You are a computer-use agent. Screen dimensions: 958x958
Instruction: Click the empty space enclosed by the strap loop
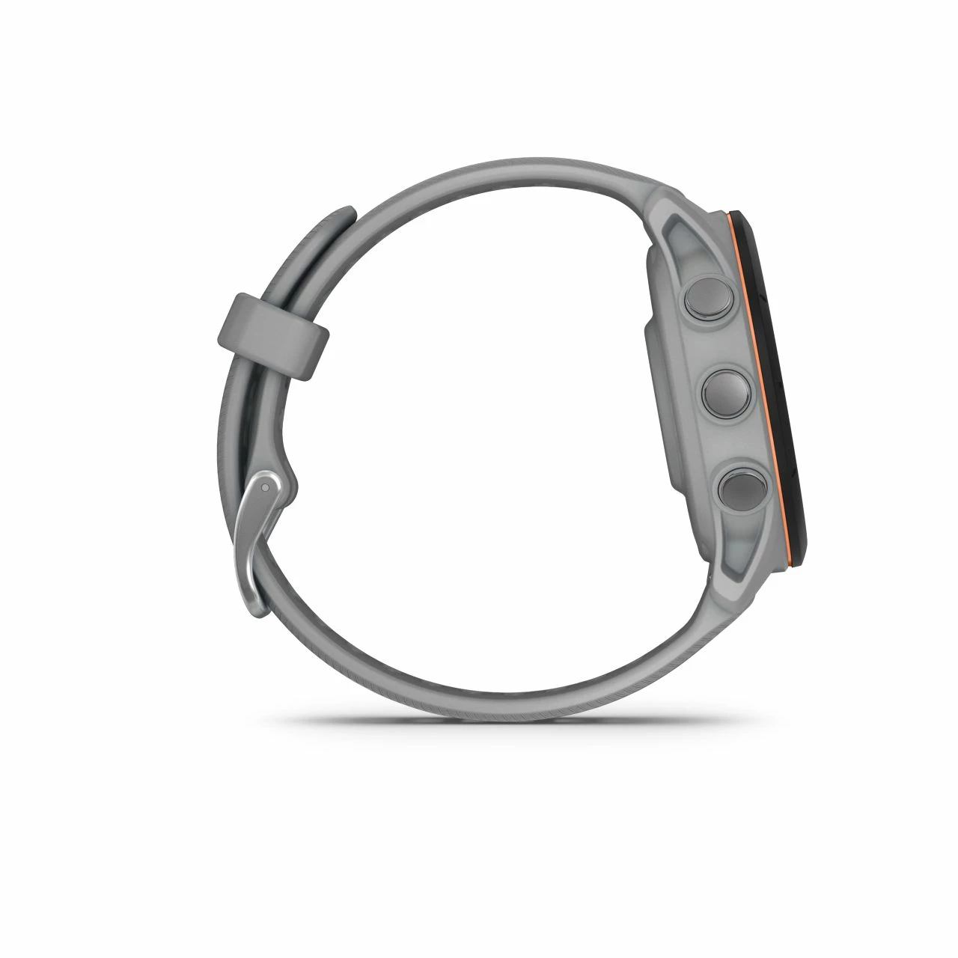464,419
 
